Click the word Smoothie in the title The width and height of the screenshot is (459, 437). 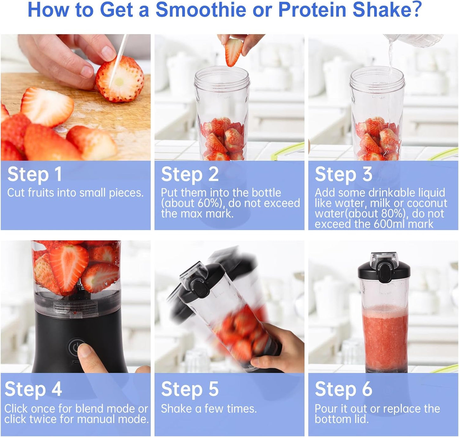200,10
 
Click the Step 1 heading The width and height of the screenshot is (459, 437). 34,174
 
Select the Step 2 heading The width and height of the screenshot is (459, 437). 190,174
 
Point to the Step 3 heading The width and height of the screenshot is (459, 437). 343,174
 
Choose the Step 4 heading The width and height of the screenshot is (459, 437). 33,389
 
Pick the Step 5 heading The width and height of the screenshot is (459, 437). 190,389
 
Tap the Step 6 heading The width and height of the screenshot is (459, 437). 343,389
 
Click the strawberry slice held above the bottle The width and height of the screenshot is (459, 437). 234,51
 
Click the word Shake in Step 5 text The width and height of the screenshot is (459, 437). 176,409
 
